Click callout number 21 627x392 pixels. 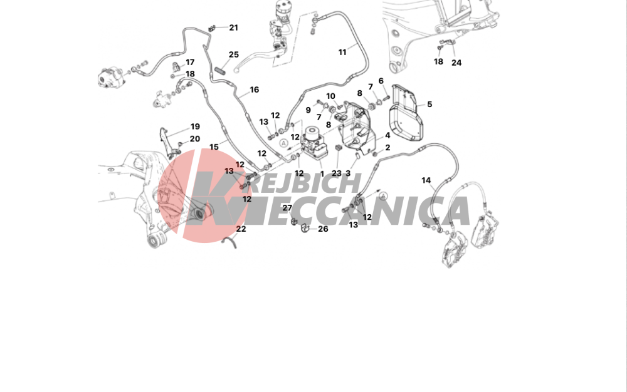coord(233,28)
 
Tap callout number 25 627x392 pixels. coord(233,54)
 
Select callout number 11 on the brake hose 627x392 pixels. coord(342,53)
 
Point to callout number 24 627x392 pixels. coord(456,63)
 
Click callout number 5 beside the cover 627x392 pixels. coord(429,104)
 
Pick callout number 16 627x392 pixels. coord(255,90)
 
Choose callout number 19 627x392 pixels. coord(195,126)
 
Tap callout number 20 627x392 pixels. coord(195,139)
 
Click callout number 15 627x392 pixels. coord(214,147)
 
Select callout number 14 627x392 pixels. coord(426,180)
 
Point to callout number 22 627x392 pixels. coord(241,229)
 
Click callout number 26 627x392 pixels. coord(323,229)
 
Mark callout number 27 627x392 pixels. coord(287,208)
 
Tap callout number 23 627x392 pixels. coord(337,173)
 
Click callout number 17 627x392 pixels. coord(190,62)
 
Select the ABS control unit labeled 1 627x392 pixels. coord(314,143)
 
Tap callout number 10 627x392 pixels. coord(330,96)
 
